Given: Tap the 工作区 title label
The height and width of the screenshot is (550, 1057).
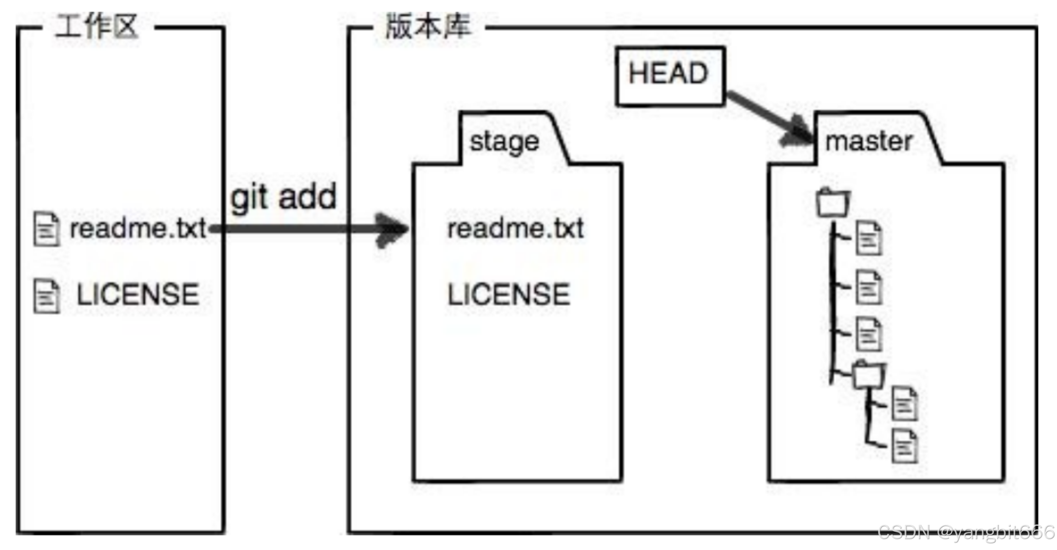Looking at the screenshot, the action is [x=97, y=27].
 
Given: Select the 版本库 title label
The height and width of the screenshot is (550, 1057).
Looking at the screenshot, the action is [x=428, y=27].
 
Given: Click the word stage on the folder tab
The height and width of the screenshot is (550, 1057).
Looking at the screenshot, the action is [x=504, y=142].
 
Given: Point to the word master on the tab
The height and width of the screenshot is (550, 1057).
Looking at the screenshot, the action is [x=868, y=141].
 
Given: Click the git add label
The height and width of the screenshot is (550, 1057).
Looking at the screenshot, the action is [x=284, y=197].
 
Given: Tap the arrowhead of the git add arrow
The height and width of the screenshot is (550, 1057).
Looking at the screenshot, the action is [x=392, y=230].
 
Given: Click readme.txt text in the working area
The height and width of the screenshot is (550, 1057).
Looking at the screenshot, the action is [x=138, y=229].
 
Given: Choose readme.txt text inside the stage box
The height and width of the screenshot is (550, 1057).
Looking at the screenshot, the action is [x=515, y=229].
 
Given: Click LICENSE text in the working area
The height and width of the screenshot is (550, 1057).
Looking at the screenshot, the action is [x=138, y=295].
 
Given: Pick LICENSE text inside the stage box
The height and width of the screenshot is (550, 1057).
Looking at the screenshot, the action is [x=508, y=295].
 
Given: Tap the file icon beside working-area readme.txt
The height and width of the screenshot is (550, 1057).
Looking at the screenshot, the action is [x=46, y=229].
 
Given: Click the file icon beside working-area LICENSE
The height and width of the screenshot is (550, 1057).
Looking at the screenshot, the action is [x=46, y=296].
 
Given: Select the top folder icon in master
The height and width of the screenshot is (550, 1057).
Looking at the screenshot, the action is [x=833, y=203].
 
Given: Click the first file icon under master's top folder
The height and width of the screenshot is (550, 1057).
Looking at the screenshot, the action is [x=868, y=239].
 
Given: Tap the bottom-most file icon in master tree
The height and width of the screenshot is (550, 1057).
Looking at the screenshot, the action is [x=905, y=447].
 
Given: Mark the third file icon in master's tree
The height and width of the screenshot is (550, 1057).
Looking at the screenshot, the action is [x=868, y=334].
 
